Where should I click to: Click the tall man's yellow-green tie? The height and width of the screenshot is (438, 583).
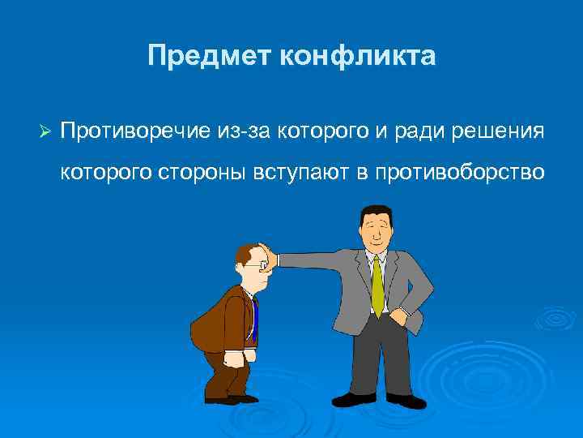377,284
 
